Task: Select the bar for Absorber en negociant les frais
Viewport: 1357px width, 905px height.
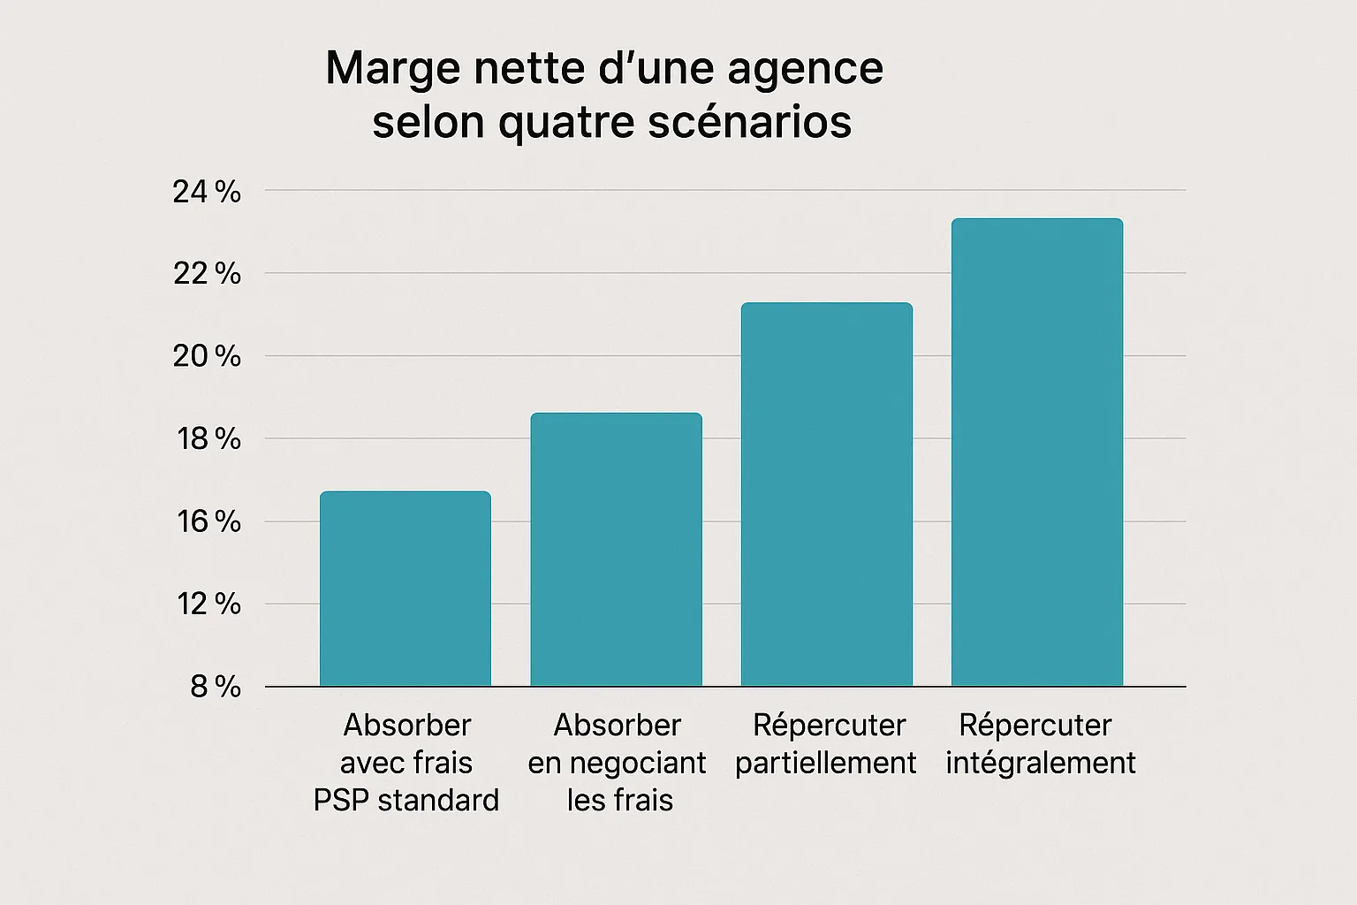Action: pos(616,550)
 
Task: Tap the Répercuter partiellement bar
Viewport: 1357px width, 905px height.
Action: pos(826,495)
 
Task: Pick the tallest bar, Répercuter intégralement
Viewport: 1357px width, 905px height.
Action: pos(1036,452)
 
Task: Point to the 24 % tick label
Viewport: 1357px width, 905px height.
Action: pos(207,192)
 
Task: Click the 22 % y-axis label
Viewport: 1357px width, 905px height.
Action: pos(207,274)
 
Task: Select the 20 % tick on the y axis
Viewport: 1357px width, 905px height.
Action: pos(207,357)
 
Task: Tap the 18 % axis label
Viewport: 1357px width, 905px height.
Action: pos(207,439)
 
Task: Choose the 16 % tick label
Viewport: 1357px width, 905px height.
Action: pos(207,522)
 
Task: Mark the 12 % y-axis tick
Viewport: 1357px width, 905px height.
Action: pos(207,605)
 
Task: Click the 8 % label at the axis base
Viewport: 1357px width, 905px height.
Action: pos(215,687)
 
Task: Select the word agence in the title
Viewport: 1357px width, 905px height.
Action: pos(806,70)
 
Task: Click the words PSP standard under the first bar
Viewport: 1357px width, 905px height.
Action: pos(406,800)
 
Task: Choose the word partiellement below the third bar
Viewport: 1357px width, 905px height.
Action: pos(826,763)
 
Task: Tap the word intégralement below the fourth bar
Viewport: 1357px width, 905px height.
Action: pos(1041,763)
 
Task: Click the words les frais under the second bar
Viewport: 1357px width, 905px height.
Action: pos(619,800)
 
